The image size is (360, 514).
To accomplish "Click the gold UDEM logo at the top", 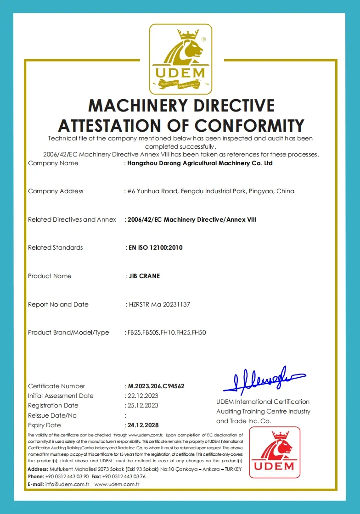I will (180, 59).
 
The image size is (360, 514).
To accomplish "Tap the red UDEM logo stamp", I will (275, 452).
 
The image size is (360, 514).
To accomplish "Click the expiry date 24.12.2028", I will (143, 425).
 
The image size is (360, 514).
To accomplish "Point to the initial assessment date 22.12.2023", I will (142, 396).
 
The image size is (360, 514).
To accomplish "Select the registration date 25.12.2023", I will (142, 405).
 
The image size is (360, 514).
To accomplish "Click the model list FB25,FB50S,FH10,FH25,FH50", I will (167, 332).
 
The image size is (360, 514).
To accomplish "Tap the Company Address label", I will (56, 191).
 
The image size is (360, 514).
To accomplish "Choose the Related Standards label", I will (56, 247).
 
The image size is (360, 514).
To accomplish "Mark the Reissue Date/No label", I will (52, 415).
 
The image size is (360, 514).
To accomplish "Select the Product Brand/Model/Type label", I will (68, 332).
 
